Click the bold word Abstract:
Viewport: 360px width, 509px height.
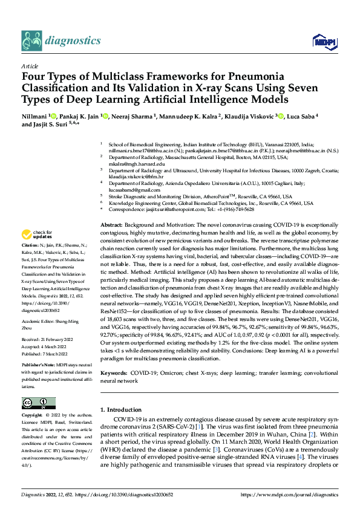click(x=112, y=224)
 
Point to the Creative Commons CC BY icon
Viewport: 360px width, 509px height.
click(x=38, y=403)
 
